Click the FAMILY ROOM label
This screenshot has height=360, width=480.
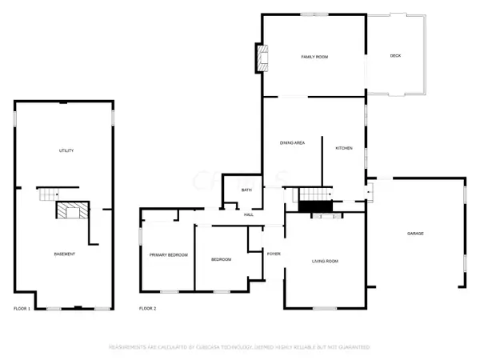click(x=315, y=57)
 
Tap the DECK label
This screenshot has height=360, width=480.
click(x=395, y=55)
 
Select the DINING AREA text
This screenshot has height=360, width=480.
click(x=292, y=142)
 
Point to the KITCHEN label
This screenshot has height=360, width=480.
click(x=344, y=148)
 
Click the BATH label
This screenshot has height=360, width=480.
click(x=246, y=190)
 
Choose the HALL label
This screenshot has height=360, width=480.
click(x=249, y=214)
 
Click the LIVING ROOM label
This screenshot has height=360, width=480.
click(x=325, y=261)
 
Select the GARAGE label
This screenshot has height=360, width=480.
click(x=415, y=233)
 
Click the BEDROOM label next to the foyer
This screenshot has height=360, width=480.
click(x=221, y=259)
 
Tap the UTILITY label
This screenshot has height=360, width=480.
click(x=66, y=150)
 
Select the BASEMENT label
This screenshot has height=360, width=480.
click(x=64, y=254)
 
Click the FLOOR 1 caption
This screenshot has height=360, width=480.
click(x=22, y=308)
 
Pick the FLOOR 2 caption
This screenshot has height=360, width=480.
click(x=147, y=308)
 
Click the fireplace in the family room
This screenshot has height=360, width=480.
click(x=261, y=57)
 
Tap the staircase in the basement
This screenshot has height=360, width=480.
click(x=48, y=194)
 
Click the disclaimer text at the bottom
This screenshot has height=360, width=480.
click(x=240, y=347)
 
